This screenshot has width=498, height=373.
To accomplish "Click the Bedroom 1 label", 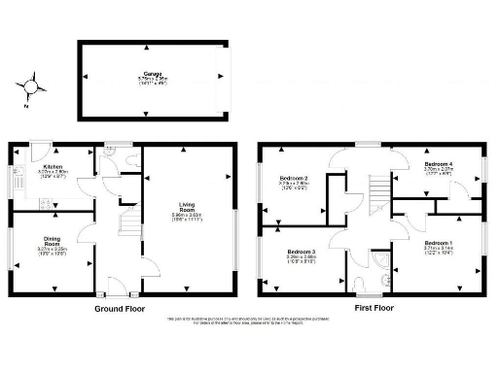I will tap(438, 244).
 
